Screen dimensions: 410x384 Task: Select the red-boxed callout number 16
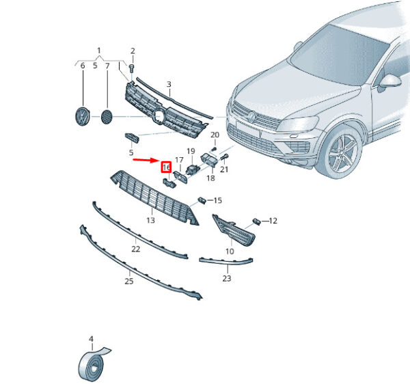click(166, 167)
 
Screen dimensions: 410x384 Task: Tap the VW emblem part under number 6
click(83, 116)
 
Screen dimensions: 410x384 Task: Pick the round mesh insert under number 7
click(107, 117)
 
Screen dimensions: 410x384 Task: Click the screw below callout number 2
click(132, 69)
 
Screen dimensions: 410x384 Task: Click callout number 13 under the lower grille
click(150, 221)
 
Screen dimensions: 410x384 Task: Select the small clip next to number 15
click(202, 200)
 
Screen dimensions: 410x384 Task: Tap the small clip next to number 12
click(256, 221)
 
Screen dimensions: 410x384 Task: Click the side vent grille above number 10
click(234, 230)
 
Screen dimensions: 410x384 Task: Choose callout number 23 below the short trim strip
click(227, 278)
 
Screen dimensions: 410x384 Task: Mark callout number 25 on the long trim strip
click(129, 282)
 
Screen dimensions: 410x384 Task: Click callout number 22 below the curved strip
click(136, 249)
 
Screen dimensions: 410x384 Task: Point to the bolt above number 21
click(225, 157)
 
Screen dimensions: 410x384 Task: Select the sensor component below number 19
click(192, 169)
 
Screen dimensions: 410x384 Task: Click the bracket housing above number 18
click(208, 160)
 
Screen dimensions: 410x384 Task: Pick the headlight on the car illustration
click(299, 124)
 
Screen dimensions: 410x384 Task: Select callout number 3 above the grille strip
click(169, 85)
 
